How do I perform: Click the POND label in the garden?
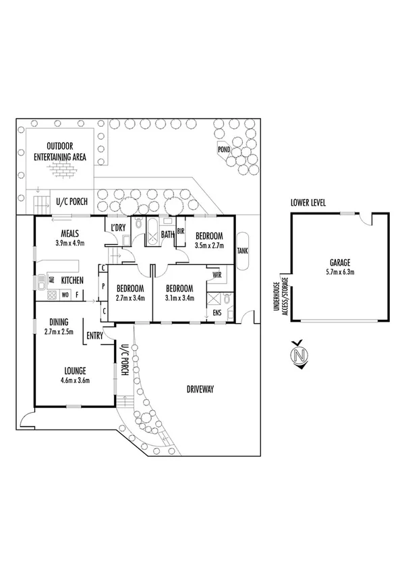tap(224, 149)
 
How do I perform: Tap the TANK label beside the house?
tap(242, 251)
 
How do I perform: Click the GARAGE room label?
tap(339, 263)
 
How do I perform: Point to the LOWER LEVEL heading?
tap(309, 202)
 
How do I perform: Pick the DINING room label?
tap(59, 322)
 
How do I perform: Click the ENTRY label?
tap(94, 335)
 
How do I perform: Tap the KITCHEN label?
tap(73, 280)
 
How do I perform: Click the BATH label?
tap(168, 235)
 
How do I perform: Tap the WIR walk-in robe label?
tap(217, 275)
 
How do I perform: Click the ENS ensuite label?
tap(217, 313)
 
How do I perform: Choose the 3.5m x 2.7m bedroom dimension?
tap(210, 246)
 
